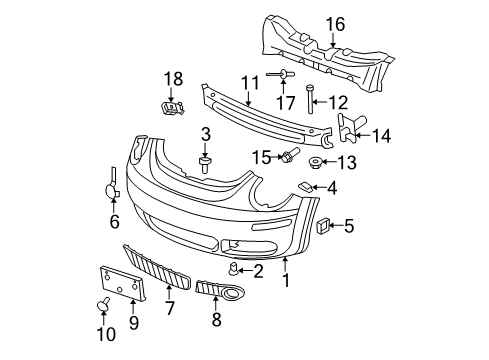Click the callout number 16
[335, 25]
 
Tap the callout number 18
[173, 79]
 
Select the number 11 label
[250, 83]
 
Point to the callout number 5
[349, 226]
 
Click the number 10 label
[106, 334]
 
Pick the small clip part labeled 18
[173, 108]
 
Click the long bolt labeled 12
[310, 99]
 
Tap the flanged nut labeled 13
[315, 163]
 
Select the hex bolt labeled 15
[290, 155]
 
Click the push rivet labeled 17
[283, 74]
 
